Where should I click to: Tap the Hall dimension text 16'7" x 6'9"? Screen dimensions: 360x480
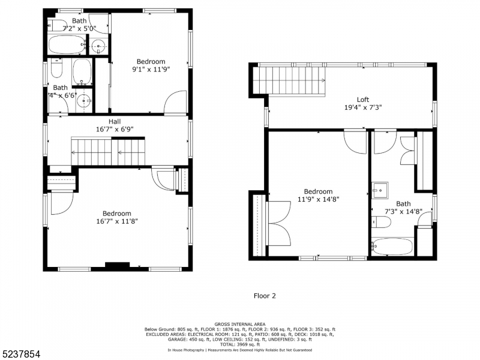(x=114, y=128)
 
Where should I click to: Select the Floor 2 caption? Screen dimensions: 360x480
(x=265, y=295)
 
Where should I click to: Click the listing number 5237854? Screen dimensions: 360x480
(x=21, y=355)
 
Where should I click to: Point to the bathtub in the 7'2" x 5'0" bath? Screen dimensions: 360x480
(x=66, y=45)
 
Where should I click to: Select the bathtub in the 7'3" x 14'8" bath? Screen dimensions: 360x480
(x=392, y=246)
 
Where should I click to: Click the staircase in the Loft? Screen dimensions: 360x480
(x=288, y=80)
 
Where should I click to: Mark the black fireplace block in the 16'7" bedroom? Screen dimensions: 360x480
(x=117, y=265)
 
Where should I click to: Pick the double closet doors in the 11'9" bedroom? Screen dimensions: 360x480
(x=278, y=222)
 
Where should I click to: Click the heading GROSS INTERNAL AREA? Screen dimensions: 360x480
(x=240, y=324)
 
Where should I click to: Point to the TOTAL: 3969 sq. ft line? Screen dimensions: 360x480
(x=240, y=344)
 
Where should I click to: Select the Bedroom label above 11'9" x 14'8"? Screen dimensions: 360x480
(x=317, y=192)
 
